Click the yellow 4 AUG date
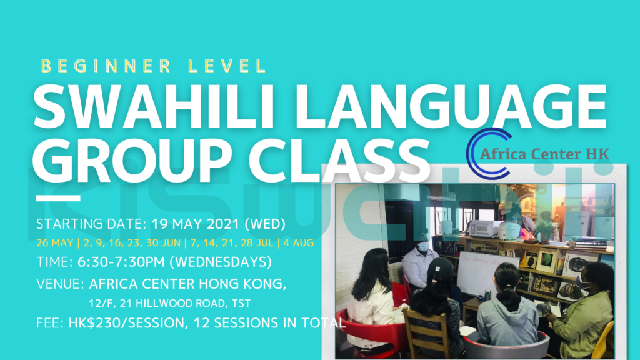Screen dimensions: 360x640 point(314,242)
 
